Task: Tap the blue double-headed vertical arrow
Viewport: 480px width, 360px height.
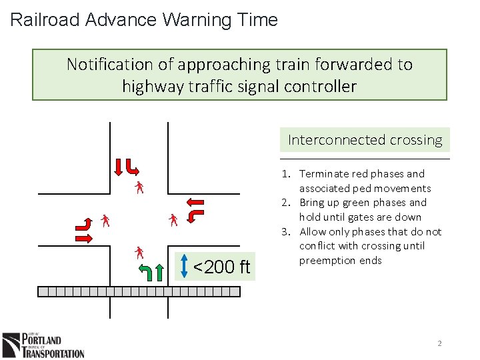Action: (x=184, y=267)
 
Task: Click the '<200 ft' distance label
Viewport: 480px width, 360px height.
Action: (x=221, y=267)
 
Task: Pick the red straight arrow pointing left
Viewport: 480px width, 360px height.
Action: (x=195, y=201)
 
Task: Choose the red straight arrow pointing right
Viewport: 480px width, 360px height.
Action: (x=85, y=237)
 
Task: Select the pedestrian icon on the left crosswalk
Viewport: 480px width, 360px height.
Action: (x=105, y=220)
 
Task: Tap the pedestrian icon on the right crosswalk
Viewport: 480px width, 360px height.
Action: (x=173, y=219)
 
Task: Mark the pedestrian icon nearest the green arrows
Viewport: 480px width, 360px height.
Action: (x=139, y=252)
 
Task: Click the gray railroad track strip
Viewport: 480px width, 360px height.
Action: (x=139, y=291)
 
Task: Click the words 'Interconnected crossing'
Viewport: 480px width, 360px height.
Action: (x=365, y=140)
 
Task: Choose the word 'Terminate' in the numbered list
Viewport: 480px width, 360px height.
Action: (x=323, y=174)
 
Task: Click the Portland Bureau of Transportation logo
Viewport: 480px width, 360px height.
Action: (x=43, y=345)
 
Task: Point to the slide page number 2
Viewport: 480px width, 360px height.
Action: (x=439, y=343)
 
